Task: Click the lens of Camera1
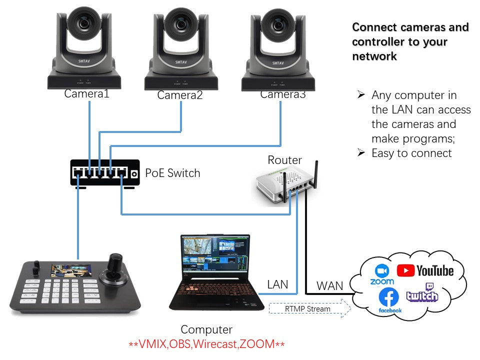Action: pos(84,23)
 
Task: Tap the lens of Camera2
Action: pos(181,24)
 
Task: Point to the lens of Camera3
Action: pos(278,25)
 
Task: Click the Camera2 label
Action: pos(180,95)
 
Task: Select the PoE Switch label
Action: pos(172,173)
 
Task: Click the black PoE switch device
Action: pos(105,173)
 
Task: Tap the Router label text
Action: pos(284,160)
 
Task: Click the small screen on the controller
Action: pos(71,271)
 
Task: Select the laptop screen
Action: pos(215,253)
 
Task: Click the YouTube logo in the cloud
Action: pos(425,270)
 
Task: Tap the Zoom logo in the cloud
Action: pos(382,274)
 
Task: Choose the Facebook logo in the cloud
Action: pos(389,300)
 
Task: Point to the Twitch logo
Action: pos(422,292)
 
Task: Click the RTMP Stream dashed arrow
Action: pos(309,308)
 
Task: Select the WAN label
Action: pos(329,286)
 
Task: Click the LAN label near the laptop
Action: pos(277,284)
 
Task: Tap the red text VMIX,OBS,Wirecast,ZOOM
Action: pos(206,344)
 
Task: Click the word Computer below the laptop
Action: pos(206,329)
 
